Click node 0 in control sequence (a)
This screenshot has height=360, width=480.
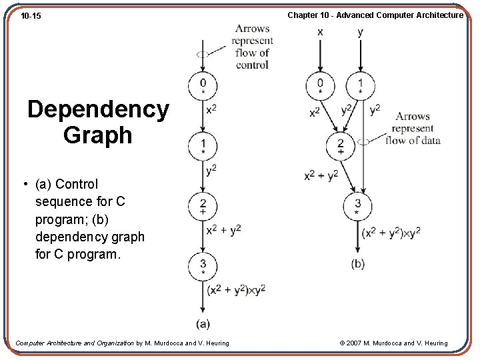click(x=203, y=85)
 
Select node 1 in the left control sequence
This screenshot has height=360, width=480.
click(x=203, y=145)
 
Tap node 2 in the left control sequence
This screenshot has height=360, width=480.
click(x=203, y=205)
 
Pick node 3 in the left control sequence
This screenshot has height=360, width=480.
click(x=203, y=265)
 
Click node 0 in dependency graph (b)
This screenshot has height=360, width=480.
click(x=320, y=85)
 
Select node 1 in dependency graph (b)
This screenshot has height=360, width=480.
click(x=360, y=85)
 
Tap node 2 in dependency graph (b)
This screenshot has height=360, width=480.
click(x=340, y=145)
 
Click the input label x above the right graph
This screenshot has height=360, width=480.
click(x=320, y=32)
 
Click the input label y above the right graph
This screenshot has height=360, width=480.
click(x=360, y=32)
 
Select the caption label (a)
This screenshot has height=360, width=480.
click(x=203, y=324)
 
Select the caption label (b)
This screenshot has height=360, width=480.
click(x=358, y=264)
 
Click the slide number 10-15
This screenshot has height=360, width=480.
click(x=31, y=15)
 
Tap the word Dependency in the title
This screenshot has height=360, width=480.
click(x=98, y=109)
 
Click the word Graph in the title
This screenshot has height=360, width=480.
click(x=98, y=135)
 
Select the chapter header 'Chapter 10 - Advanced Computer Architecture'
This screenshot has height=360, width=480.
click(x=375, y=15)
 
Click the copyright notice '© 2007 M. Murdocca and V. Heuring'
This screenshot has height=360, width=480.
click(x=393, y=343)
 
